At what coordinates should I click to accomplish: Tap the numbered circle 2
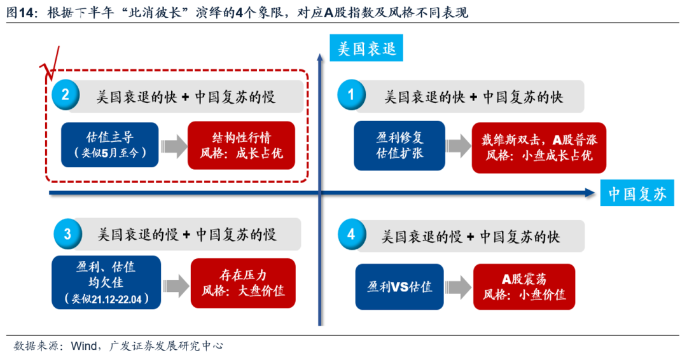(66, 95)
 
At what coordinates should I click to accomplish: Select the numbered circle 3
(67, 234)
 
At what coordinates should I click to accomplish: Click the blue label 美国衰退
(368, 49)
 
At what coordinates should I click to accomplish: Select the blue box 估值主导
(110, 145)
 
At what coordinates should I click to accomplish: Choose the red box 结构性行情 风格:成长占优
(242, 146)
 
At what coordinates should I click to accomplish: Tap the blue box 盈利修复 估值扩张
(399, 146)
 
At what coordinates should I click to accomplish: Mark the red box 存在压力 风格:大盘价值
(243, 284)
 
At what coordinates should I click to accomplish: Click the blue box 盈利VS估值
(399, 287)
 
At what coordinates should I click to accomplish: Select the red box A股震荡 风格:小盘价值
(524, 287)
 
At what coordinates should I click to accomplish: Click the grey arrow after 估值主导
(172, 146)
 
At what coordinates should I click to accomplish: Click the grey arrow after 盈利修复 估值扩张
(459, 146)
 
